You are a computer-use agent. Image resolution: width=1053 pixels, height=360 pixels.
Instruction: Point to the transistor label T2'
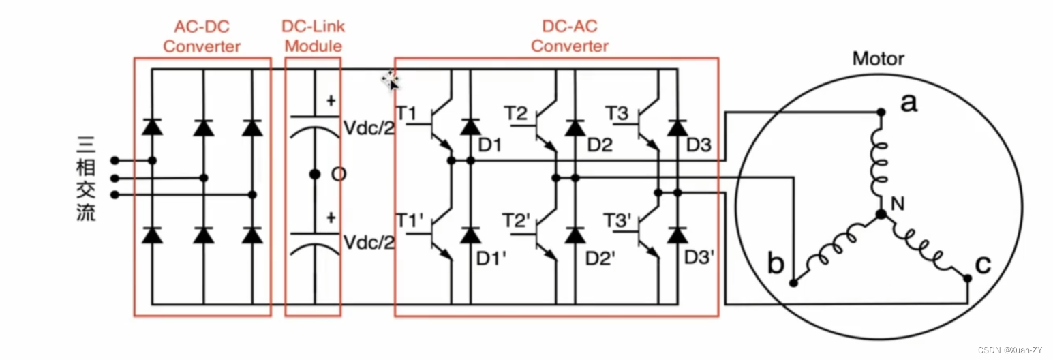[x=516, y=221]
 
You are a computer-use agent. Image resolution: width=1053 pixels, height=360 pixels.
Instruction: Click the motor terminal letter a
[x=909, y=104]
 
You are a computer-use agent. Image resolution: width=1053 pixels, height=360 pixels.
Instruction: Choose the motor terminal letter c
[x=982, y=265]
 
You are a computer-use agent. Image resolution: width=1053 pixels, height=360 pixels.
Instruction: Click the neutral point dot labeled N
[x=881, y=214]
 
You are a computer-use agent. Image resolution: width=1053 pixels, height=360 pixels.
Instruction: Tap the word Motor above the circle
[x=879, y=59]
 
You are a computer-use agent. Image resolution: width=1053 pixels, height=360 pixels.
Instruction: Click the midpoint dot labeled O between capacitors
[x=314, y=175]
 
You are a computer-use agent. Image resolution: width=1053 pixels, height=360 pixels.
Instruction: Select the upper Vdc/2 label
[x=369, y=129]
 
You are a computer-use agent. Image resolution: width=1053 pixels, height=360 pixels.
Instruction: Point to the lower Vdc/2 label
[x=369, y=243]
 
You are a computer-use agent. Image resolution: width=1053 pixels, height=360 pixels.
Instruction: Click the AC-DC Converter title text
[x=202, y=37]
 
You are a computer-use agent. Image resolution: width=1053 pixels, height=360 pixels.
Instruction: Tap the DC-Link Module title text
[x=313, y=37]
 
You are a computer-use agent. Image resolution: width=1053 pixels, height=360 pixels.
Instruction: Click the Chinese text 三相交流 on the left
[x=87, y=179]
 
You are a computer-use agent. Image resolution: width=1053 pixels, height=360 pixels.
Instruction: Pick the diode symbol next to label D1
[x=469, y=127]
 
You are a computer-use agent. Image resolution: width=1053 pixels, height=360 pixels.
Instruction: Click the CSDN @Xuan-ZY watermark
[x=1010, y=350]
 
